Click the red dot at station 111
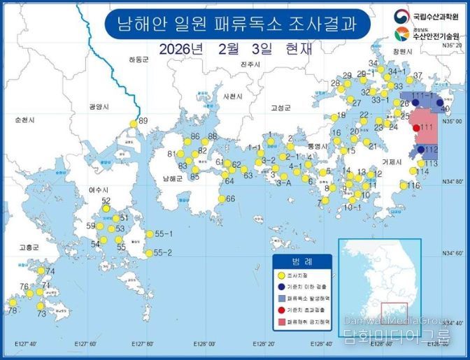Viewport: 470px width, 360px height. coord(416,127)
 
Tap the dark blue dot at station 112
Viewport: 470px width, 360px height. coord(420,150)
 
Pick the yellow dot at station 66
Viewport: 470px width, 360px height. coord(220,199)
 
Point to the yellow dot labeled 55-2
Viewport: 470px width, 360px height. coord(148,253)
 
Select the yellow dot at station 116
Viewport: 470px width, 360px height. coord(404,186)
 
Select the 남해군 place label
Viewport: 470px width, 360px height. coord(171,179)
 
